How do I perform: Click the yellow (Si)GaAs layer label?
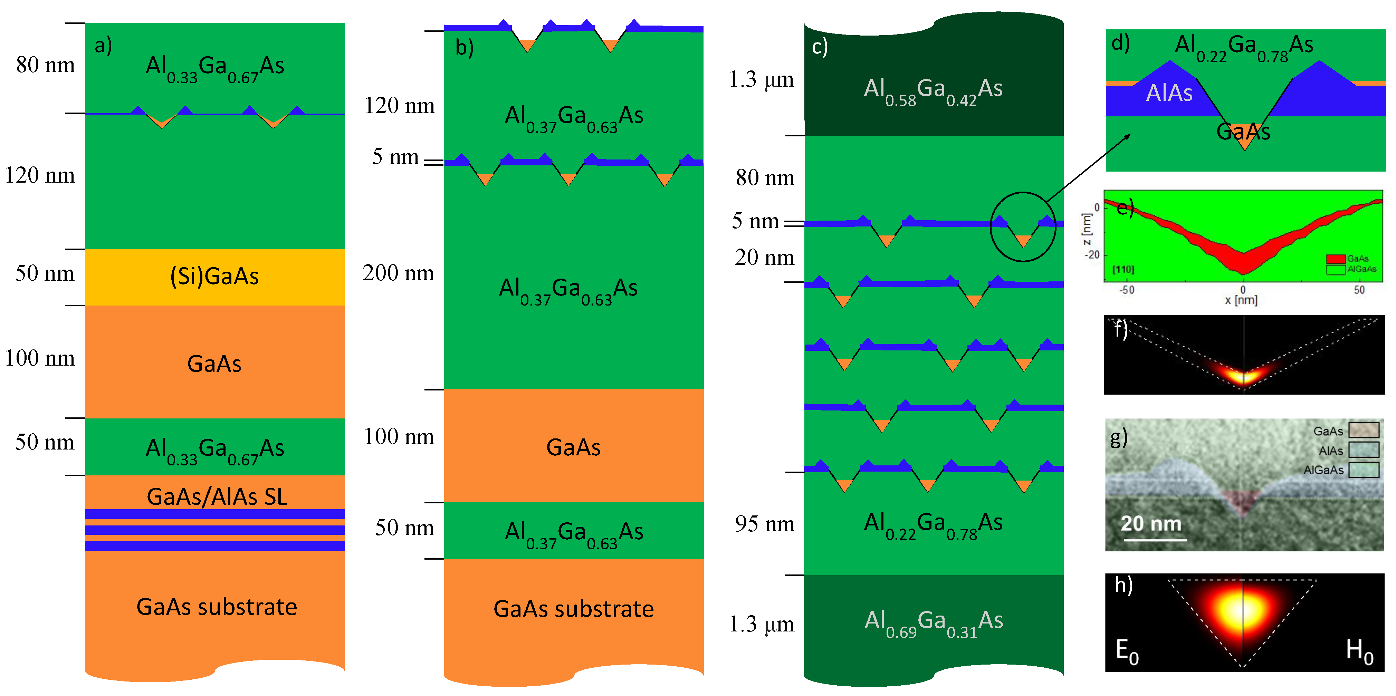click(x=214, y=277)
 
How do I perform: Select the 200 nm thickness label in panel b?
click(x=398, y=273)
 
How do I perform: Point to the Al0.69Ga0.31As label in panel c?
click(x=933, y=622)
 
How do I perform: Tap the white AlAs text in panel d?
click(x=1169, y=93)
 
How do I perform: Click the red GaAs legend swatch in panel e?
click(x=1336, y=259)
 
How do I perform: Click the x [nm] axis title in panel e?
click(x=1241, y=300)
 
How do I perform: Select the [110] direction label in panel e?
click(x=1123, y=269)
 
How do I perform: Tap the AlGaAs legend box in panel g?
click(x=1364, y=470)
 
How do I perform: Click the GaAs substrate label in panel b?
click(x=573, y=609)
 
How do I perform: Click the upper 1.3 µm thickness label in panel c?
click(x=762, y=80)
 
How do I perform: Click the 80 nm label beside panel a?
click(x=46, y=65)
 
